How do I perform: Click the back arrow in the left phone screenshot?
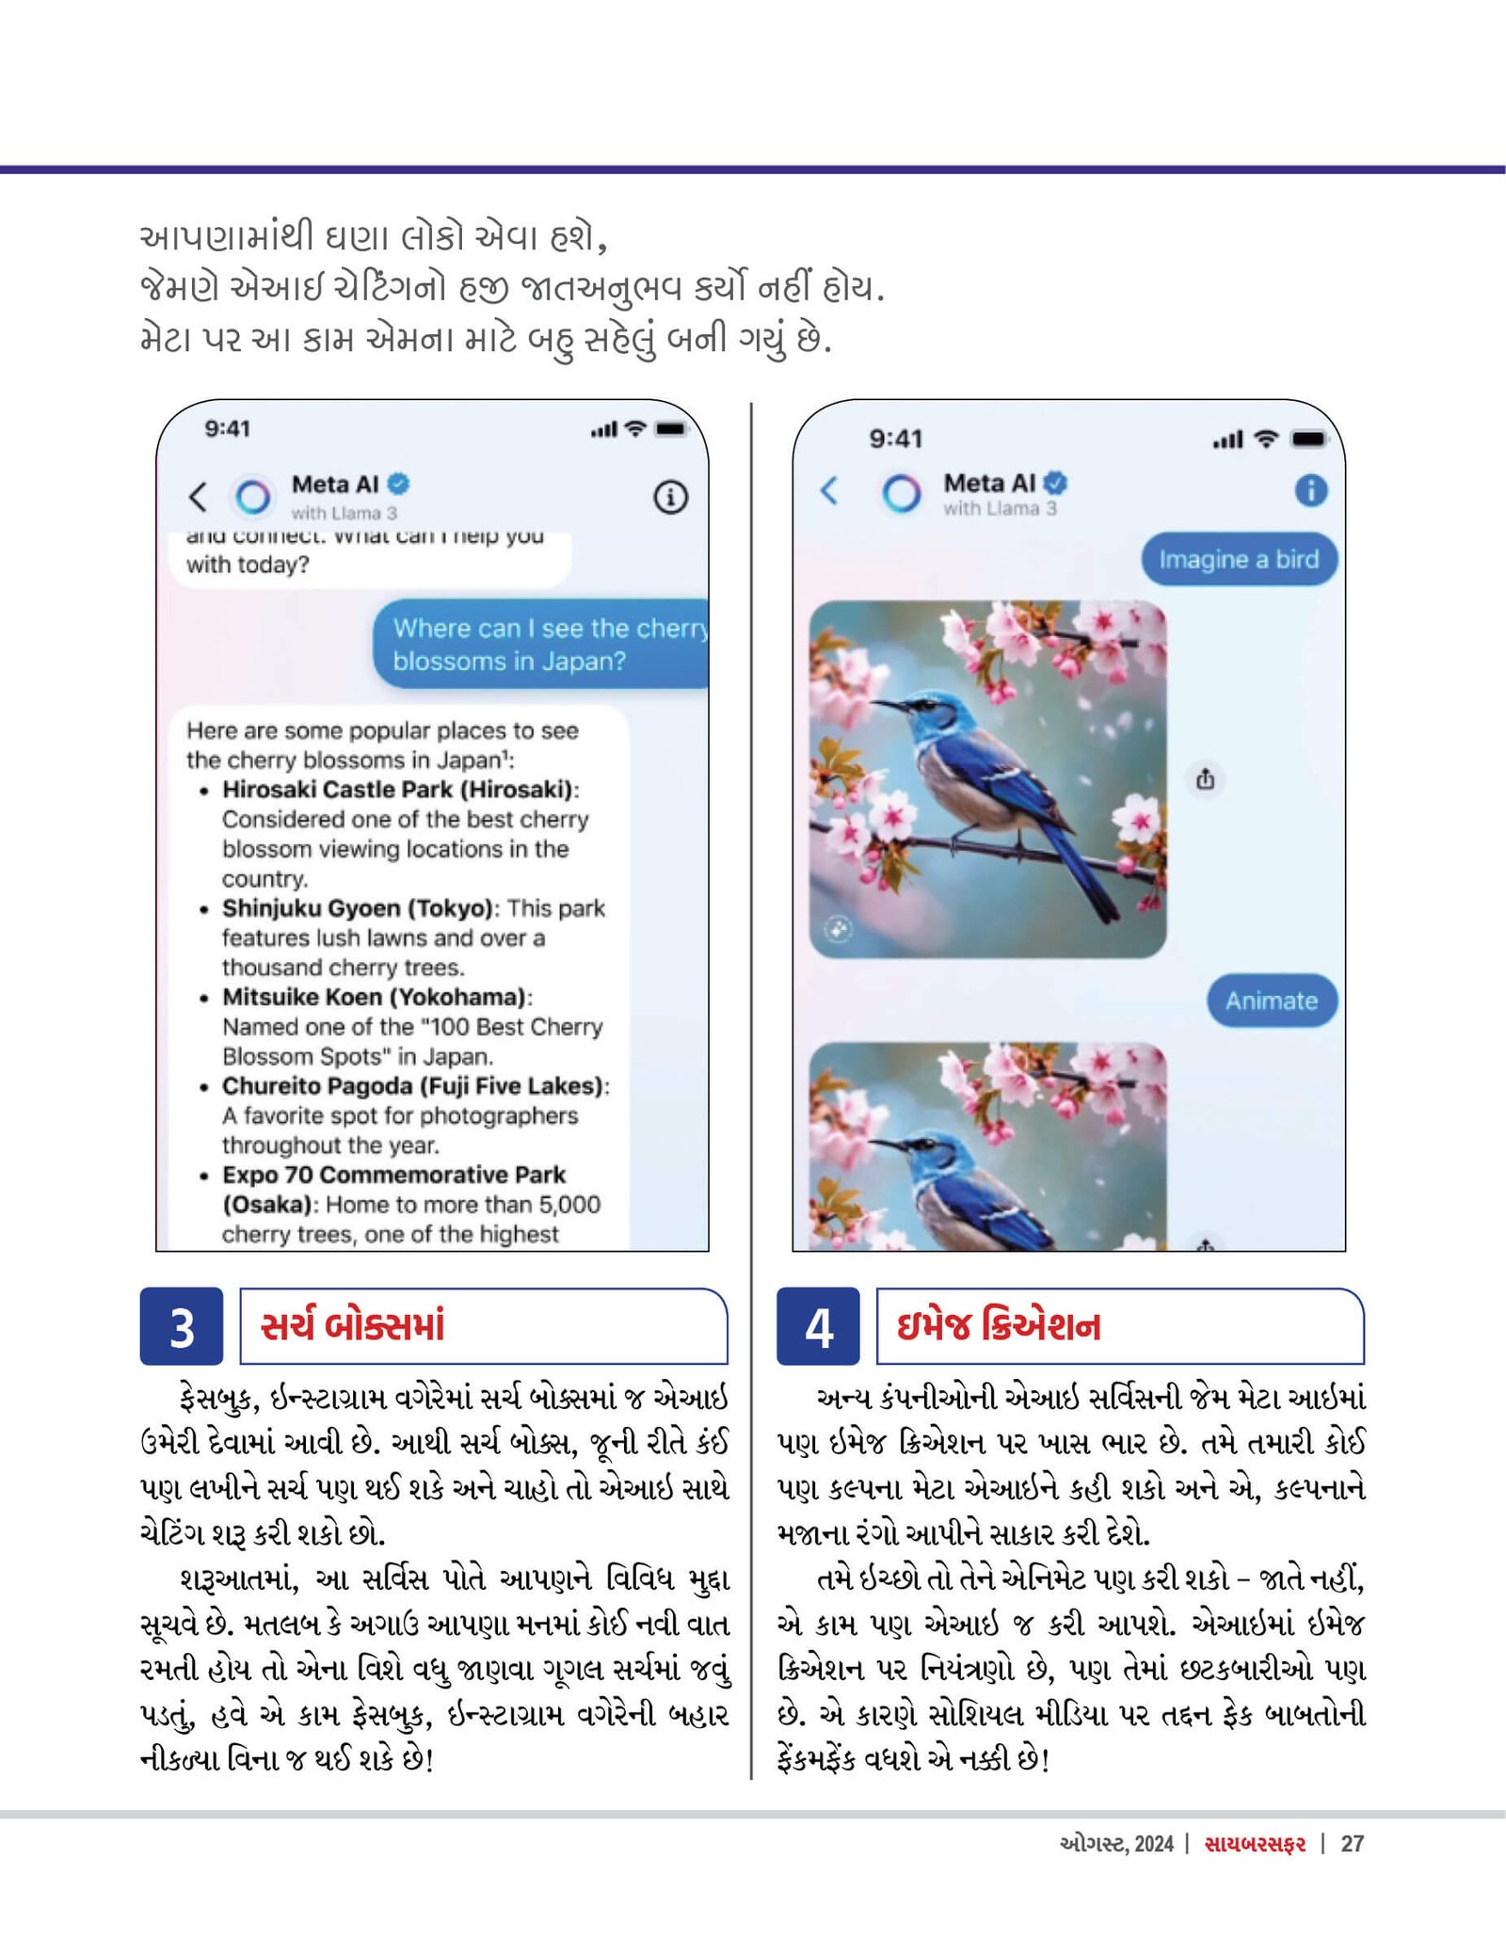198,496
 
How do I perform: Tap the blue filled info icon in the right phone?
1311,489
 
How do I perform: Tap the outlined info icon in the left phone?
670,497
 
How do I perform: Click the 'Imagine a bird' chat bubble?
1239,559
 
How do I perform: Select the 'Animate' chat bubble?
1271,1001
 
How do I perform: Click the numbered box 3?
182,1326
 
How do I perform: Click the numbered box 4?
818,1326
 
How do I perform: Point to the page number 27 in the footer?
1352,1844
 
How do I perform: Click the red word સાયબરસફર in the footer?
1255,1844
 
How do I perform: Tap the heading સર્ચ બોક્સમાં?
353,1325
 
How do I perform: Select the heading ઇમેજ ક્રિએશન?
998,1325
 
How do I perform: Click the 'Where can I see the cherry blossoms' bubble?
541,644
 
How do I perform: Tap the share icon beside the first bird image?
1206,779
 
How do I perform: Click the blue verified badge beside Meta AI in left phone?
399,484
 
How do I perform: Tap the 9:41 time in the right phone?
895,439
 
